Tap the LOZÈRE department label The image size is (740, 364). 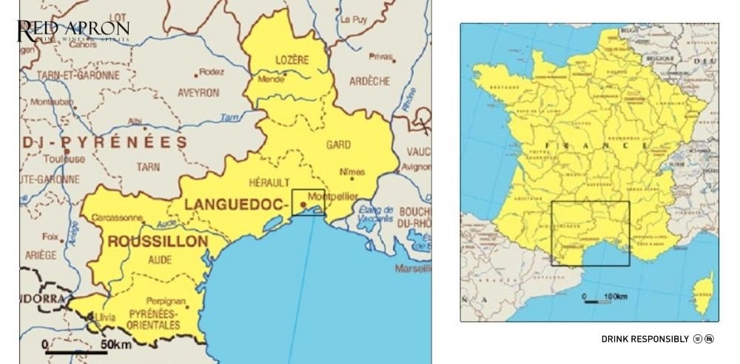coord(291,60)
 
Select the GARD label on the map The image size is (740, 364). coord(337,144)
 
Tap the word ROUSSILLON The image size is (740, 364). coord(158,241)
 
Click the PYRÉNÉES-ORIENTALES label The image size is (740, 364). coord(153,320)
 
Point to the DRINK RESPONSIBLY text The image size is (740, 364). coord(645,339)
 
